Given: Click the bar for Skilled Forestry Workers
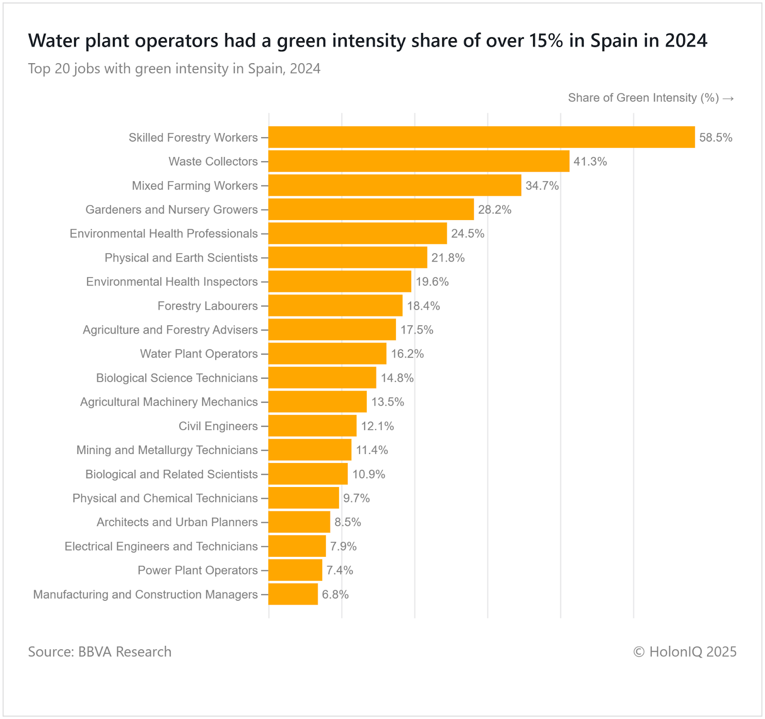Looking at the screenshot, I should pos(481,137).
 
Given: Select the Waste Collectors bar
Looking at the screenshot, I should pos(419,161).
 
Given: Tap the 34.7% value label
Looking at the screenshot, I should pos(542,186).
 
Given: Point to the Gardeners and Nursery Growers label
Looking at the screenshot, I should pos(171,210).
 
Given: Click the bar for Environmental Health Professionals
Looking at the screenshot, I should pos(358,233).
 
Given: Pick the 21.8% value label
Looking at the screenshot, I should pos(448,258).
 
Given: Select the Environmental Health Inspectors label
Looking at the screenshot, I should pos(172,282).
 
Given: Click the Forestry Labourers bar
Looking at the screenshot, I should pos(335,306).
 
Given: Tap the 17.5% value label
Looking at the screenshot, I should pos(417,330).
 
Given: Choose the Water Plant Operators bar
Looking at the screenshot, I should pos(328,354).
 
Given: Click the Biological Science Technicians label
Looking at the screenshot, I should pos(177,378).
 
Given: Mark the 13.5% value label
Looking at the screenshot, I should pos(388,402).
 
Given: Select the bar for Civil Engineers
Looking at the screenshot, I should pos(312,426).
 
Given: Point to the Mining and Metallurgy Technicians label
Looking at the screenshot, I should pos(167,450).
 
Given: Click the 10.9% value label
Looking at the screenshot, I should pos(369,474).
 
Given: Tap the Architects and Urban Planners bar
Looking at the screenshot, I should pos(299,522).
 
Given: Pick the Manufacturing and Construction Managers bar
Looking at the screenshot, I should pos(293,594).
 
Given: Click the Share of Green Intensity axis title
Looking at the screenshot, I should pos(650,98).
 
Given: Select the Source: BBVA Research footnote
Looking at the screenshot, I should pos(99,652).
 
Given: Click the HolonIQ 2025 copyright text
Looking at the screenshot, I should pos(685,652).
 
